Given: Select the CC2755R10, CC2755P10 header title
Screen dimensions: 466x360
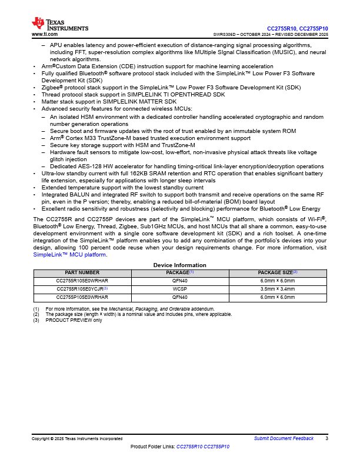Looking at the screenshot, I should (298, 28).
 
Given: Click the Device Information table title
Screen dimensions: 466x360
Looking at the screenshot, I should (179, 265).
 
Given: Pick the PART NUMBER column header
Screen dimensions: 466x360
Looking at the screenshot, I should (82, 273).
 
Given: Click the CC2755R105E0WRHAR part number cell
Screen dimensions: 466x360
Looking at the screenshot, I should (82, 281).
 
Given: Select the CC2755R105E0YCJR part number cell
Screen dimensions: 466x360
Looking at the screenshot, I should (81, 289).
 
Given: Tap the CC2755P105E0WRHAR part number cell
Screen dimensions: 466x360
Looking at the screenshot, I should (82, 298).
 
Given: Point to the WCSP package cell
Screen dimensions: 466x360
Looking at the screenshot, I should (179, 289).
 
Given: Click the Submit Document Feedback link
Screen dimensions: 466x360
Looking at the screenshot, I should (284, 439).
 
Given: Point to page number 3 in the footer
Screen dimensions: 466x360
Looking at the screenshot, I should (326, 439).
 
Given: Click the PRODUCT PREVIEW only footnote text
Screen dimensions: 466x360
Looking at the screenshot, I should (74, 320).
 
